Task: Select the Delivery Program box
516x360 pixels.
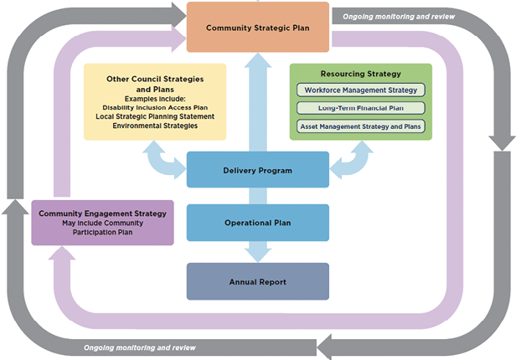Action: coord(257,170)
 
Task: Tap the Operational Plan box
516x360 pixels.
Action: coord(257,223)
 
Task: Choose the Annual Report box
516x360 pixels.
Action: coord(257,282)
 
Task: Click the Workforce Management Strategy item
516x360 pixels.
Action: coord(361,90)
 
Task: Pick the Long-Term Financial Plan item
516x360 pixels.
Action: coord(361,108)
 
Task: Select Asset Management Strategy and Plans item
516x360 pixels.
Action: coord(361,126)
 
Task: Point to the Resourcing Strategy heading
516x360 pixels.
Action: coord(361,74)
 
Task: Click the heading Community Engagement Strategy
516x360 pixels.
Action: coord(102,213)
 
